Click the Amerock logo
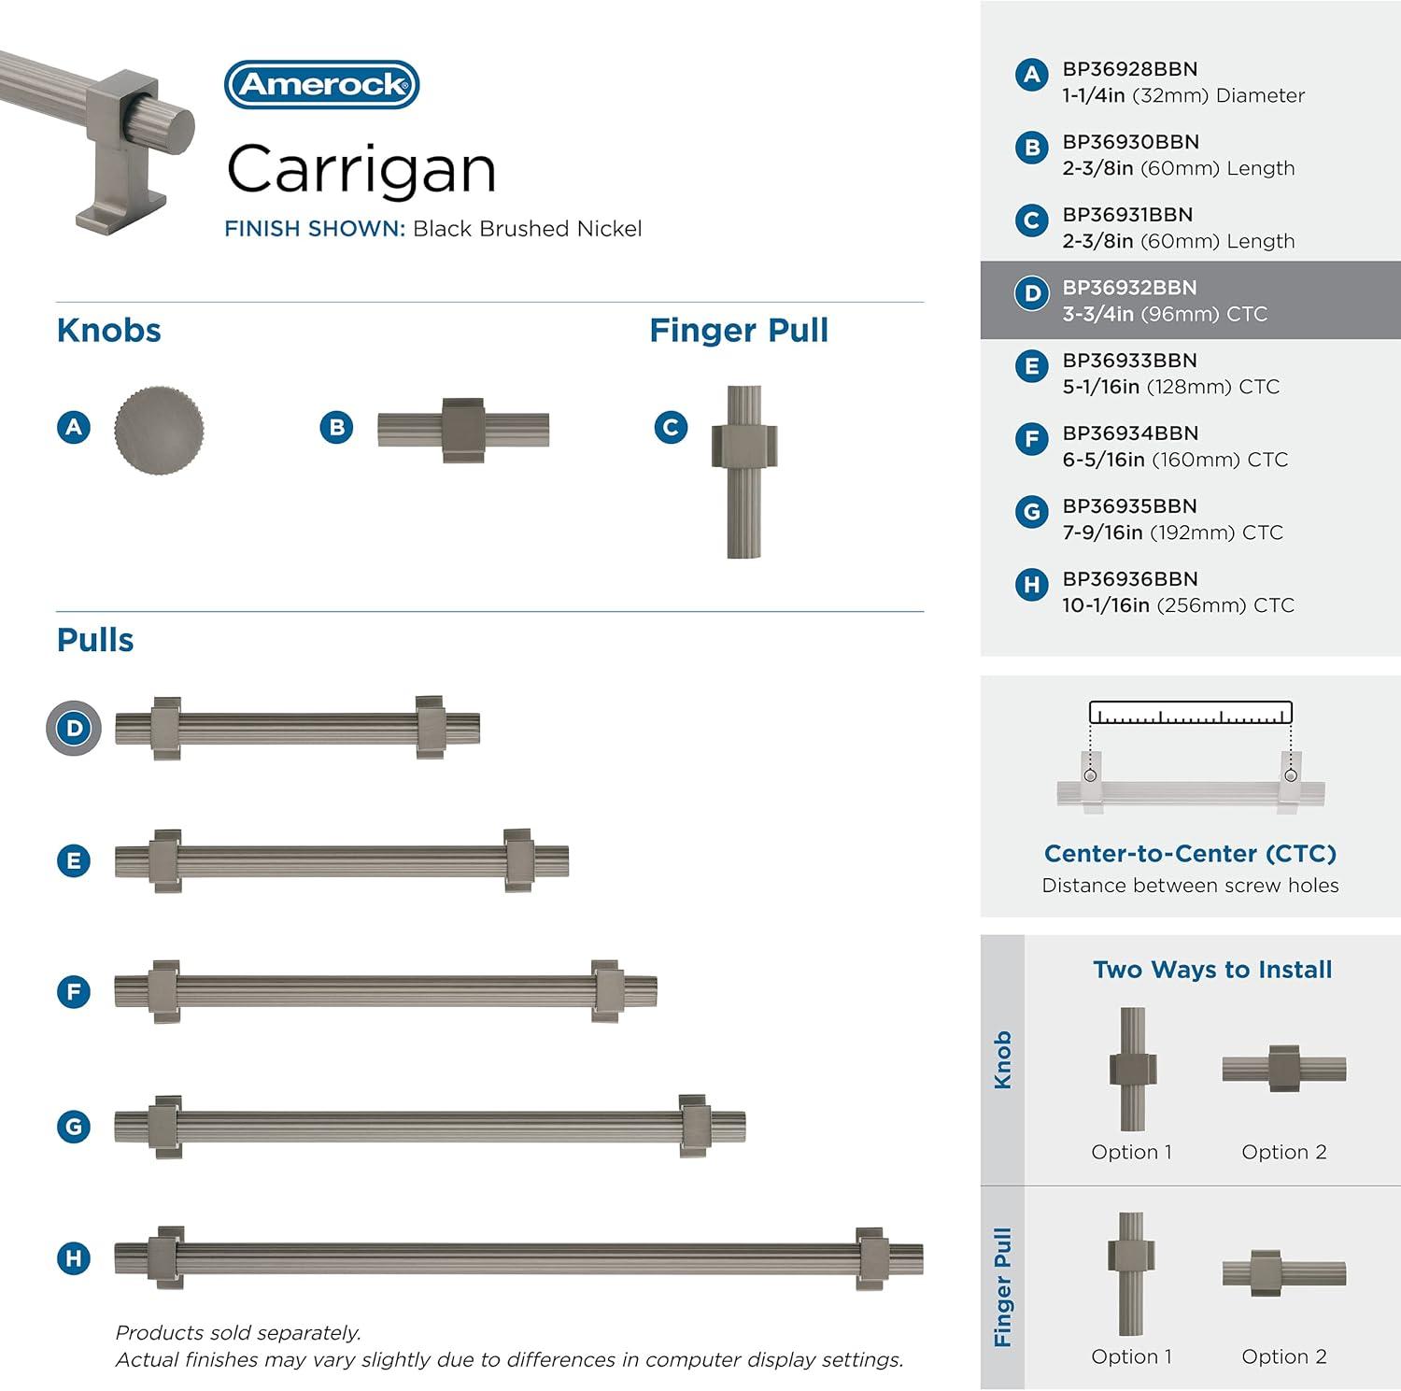pyautogui.click(x=322, y=85)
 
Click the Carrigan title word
pyautogui.click(x=361, y=171)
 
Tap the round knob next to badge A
pyautogui.click(x=159, y=429)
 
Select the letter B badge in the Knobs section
pyautogui.click(x=336, y=428)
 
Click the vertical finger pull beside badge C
pyautogui.click(x=744, y=472)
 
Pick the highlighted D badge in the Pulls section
pyautogui.click(x=74, y=728)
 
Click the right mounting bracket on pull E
pyautogui.click(x=518, y=860)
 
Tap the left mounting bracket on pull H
pyautogui.click(x=167, y=1257)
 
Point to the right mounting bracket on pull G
pyautogui.click(x=694, y=1126)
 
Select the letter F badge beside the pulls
pyautogui.click(x=74, y=991)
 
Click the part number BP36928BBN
pyautogui.click(x=1130, y=69)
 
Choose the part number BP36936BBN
pyautogui.click(x=1130, y=579)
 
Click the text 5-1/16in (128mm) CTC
pyautogui.click(x=1171, y=387)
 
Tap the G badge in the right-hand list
pyautogui.click(x=1031, y=511)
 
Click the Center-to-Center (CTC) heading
pyautogui.click(x=1190, y=854)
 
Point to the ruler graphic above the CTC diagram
pyautogui.click(x=1191, y=713)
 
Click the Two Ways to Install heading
pyautogui.click(x=1212, y=970)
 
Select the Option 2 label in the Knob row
pyautogui.click(x=1284, y=1152)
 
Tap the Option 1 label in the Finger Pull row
pyautogui.click(x=1131, y=1356)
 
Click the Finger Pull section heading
pyautogui.click(x=739, y=331)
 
